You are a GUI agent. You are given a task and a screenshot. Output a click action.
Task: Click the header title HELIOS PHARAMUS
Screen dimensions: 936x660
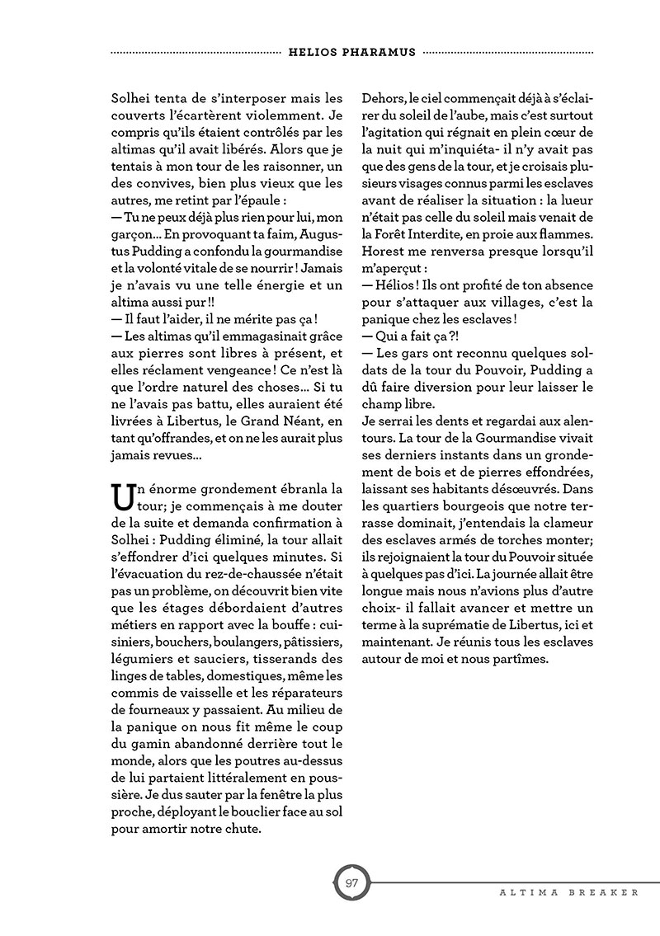(x=352, y=51)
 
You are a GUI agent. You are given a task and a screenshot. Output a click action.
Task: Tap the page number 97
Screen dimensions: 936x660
(x=351, y=883)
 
